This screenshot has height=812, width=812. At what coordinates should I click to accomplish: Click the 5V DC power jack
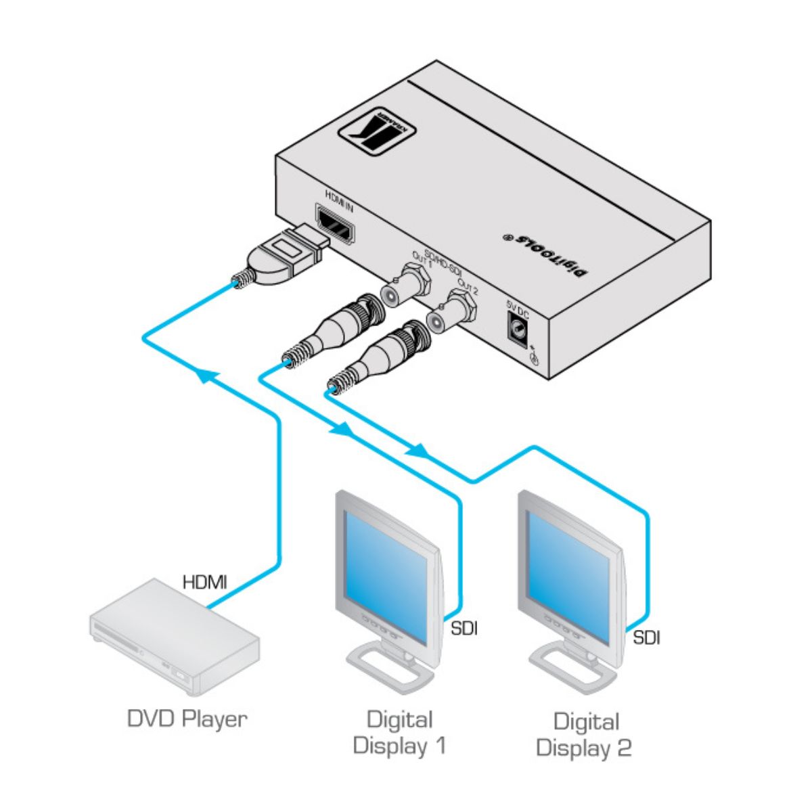(518, 328)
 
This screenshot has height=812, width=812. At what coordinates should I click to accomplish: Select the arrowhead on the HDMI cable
(210, 374)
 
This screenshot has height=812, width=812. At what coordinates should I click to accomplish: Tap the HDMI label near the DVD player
(204, 581)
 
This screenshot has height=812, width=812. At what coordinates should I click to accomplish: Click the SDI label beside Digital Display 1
(464, 628)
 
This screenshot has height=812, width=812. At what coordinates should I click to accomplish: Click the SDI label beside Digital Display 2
(647, 637)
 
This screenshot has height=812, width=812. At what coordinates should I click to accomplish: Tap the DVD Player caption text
(187, 719)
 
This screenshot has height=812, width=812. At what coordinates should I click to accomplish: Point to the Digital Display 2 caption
(585, 734)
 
